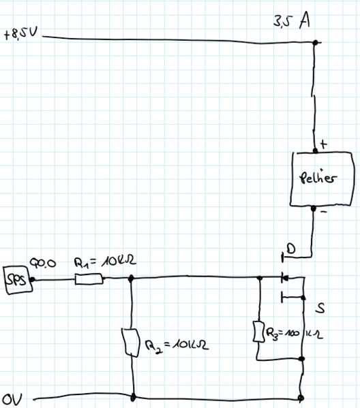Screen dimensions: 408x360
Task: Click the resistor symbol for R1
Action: pos(89,278)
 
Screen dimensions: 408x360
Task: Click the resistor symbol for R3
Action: pos(260,332)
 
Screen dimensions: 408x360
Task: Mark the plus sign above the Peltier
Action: pos(323,144)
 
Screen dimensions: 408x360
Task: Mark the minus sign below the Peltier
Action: pos(324,212)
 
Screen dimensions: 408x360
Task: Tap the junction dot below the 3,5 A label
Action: pos(314,44)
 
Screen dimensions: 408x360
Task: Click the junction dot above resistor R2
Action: pos(131,278)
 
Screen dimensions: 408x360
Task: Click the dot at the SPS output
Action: pos(31,278)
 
